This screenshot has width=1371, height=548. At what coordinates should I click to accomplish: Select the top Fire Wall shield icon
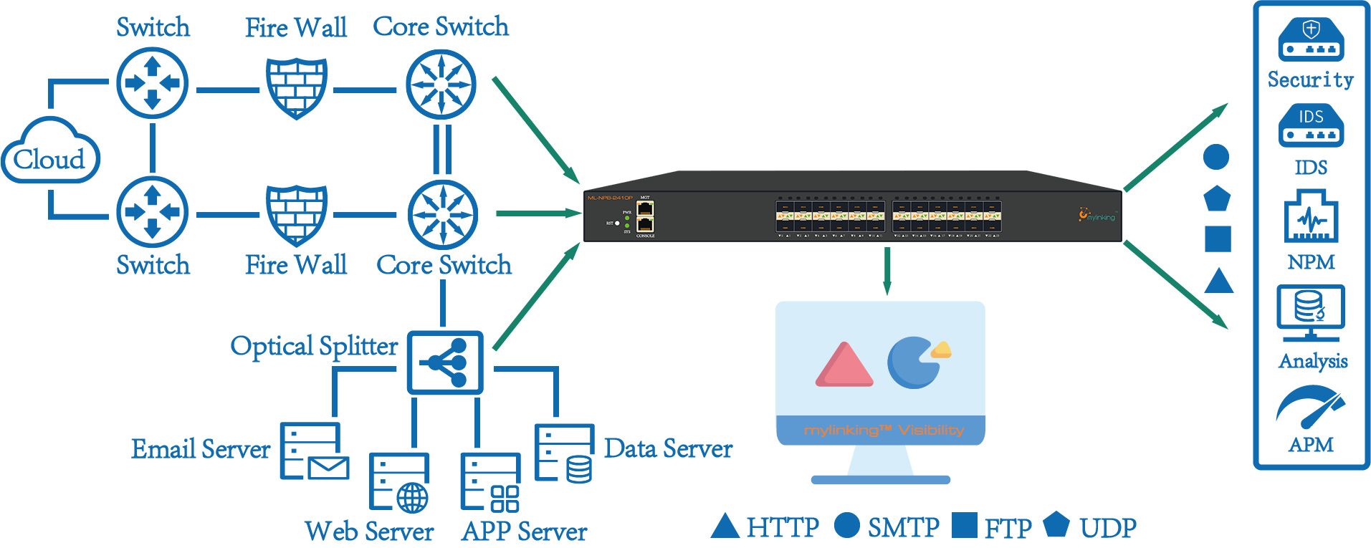pos(297,87)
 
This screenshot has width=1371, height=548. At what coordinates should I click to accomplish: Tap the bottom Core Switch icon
pos(442,214)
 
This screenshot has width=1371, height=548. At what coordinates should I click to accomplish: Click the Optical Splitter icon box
pos(445,362)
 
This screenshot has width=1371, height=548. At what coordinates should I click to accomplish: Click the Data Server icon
pos(565,453)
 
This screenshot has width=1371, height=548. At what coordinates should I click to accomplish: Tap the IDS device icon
pos(1311,126)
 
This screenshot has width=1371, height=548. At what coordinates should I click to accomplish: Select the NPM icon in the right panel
pos(1311,216)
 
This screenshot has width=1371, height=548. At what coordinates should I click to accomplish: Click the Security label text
pos(1311,80)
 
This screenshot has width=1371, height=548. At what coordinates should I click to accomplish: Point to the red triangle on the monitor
pos(844,365)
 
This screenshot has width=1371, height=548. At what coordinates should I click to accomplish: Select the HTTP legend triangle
pos(725,527)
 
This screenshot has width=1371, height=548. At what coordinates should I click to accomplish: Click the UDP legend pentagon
pos(1056,524)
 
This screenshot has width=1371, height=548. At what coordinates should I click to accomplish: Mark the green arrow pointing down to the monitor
pos(887,271)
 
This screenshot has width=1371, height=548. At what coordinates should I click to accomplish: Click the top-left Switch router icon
pos(152,83)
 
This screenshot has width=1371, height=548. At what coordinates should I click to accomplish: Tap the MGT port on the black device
pos(645,208)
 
